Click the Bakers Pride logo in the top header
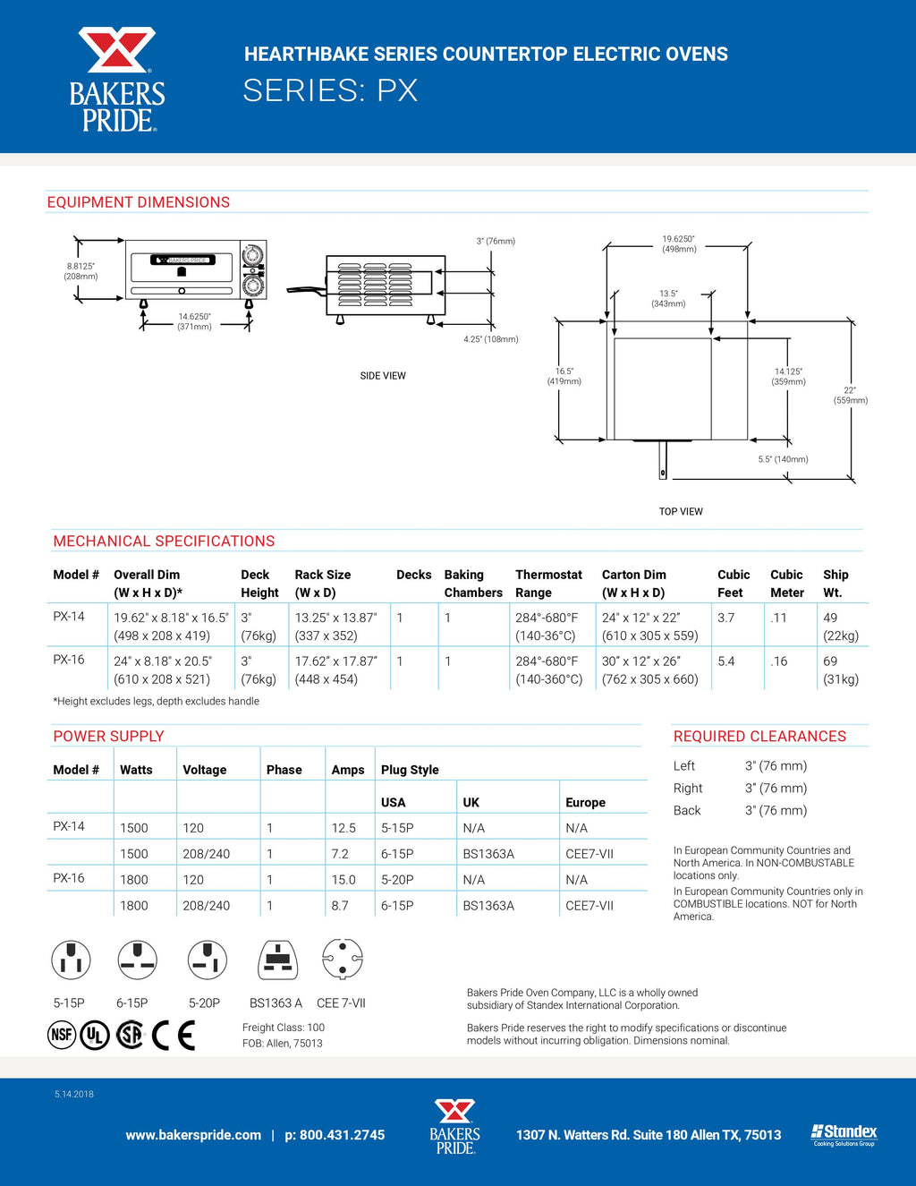pos(117,80)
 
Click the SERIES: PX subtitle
pos(330,90)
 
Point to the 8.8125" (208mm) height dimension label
pos(81,271)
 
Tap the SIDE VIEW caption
pos(383,376)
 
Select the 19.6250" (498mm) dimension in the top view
pos(679,244)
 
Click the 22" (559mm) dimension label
pos(850,396)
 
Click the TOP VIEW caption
pos(681,512)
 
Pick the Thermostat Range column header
pos(548,584)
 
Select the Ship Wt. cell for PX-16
pos(840,670)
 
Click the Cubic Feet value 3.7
pos(725,618)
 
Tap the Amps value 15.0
pos(343,880)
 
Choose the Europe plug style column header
pos(585,803)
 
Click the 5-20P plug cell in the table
pos(397,880)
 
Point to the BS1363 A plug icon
pos(277,960)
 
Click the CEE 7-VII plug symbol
pos(342,960)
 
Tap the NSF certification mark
pos(62,1035)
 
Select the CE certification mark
pos(174,1035)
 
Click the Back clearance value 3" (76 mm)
pos(776,810)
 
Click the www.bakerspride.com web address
pos(193,1135)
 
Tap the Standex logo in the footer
pos(844,1134)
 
